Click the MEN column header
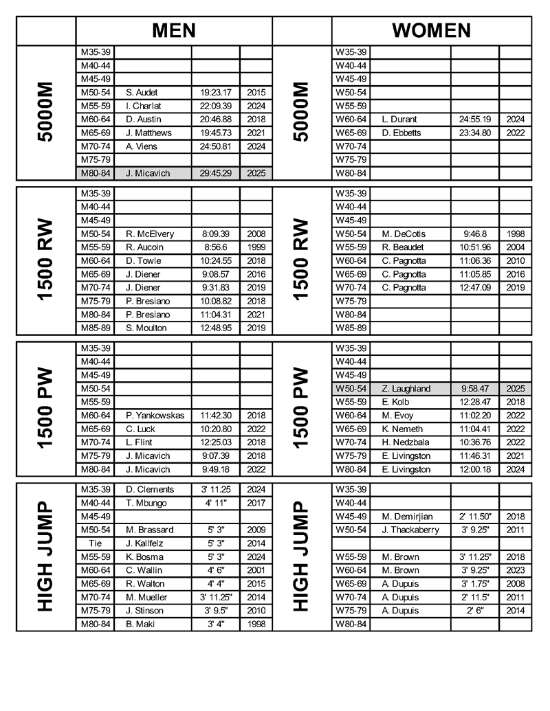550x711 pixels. pyautogui.click(x=174, y=30)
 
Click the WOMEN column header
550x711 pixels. pyautogui.click(x=431, y=30)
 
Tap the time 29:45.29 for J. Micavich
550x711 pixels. pyautogui.click(x=215, y=173)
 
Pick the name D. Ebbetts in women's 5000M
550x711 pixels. pyautogui.click(x=401, y=133)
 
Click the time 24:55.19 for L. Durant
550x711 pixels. pyautogui.click(x=474, y=119)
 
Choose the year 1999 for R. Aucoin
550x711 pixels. pyautogui.click(x=256, y=247)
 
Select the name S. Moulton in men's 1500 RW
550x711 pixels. pyautogui.click(x=146, y=328)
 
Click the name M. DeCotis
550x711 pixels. pyautogui.click(x=404, y=234)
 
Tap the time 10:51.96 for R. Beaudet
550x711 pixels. pyautogui.click(x=474, y=247)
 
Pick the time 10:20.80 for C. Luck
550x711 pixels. pyautogui.click(x=215, y=429)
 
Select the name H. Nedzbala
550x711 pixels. pyautogui.click(x=405, y=442)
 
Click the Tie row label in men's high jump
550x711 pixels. pyautogui.click(x=95, y=543)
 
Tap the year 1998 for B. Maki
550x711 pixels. pyautogui.click(x=256, y=624)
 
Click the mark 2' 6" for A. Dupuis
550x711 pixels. pyautogui.click(x=474, y=610)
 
